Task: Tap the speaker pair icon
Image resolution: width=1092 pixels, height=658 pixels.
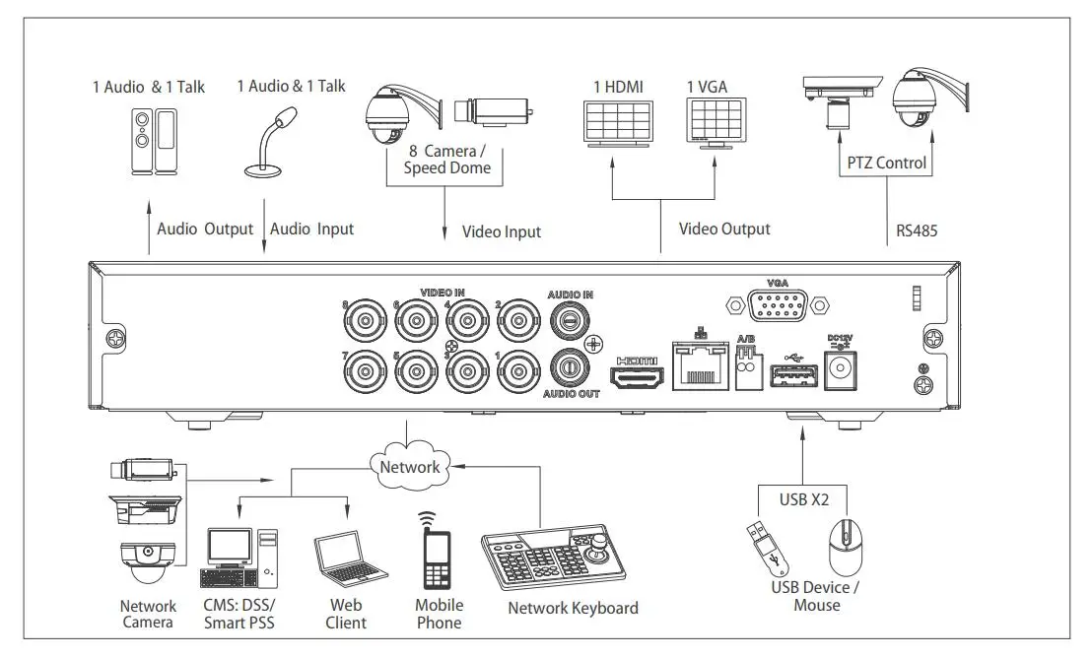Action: click(x=155, y=142)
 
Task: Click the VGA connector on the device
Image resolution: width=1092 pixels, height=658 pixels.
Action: click(x=778, y=306)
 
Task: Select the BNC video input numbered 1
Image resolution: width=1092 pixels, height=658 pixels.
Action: click(x=516, y=371)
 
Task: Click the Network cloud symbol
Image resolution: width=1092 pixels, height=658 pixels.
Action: click(x=409, y=465)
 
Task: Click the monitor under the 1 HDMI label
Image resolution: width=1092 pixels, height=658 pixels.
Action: click(x=618, y=123)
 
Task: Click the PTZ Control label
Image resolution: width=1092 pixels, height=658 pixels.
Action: click(x=887, y=163)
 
